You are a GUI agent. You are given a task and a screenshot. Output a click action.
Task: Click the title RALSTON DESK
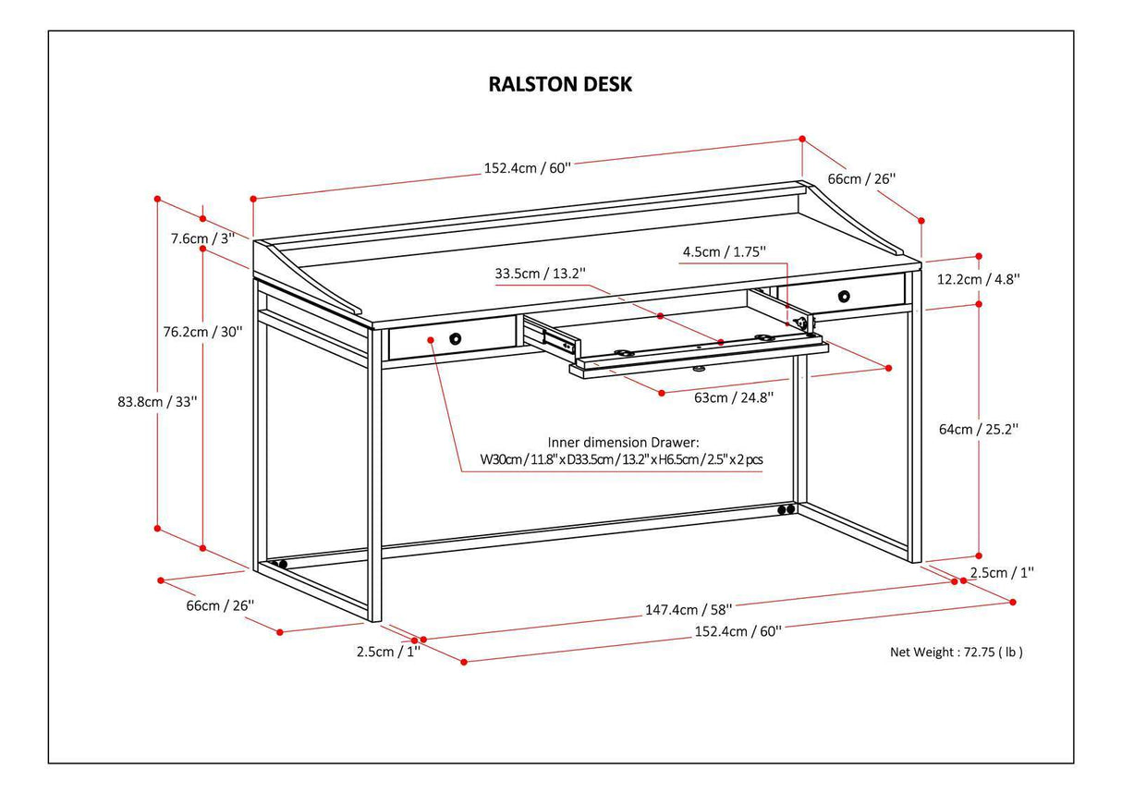coord(560,84)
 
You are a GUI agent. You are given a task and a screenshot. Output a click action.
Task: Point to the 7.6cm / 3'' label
coord(202,238)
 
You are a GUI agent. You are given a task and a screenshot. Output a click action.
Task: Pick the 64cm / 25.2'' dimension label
coord(978,429)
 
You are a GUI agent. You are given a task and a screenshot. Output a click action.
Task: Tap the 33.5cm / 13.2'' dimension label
coord(540,274)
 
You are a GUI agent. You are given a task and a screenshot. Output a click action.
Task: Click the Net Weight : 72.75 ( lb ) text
coord(956,652)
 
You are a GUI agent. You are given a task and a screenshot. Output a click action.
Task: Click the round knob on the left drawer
coord(455,339)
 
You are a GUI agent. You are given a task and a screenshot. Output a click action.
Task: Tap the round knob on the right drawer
coord(844,296)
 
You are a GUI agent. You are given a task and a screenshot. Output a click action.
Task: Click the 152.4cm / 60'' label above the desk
coord(528,168)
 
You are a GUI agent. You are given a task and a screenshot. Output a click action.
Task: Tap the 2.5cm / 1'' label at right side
coord(1002,572)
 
